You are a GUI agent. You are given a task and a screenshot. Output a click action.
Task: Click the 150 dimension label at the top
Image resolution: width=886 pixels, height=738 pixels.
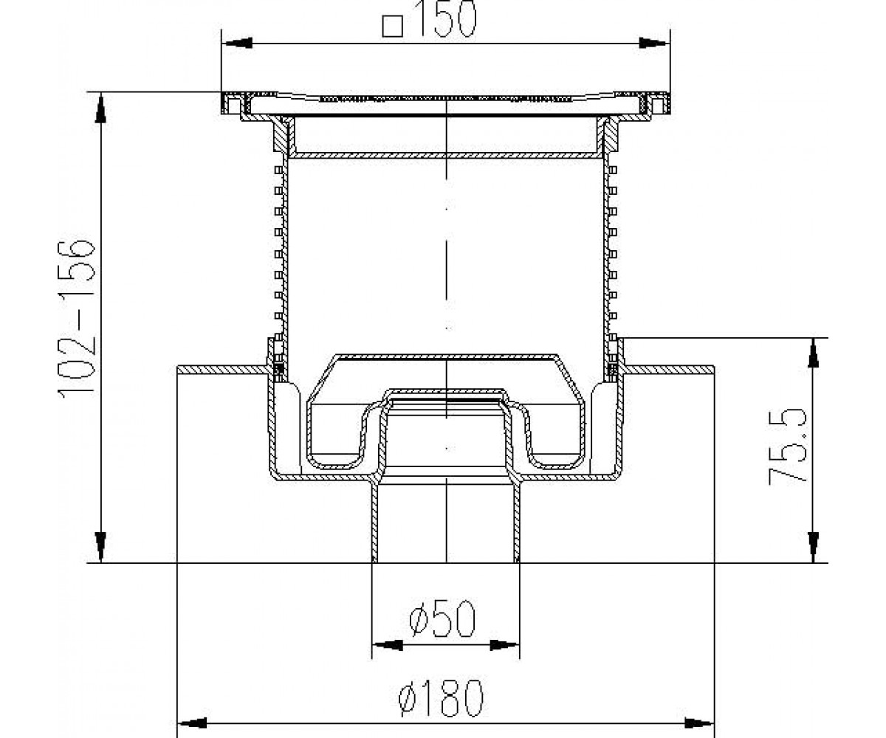[x=446, y=18]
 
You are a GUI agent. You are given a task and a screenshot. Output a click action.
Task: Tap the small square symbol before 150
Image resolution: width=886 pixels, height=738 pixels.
[x=393, y=27]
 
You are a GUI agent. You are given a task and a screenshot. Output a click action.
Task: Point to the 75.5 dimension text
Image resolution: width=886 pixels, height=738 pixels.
[x=787, y=446]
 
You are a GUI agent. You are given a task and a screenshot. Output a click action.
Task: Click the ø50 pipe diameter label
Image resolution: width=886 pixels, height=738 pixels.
[x=442, y=619]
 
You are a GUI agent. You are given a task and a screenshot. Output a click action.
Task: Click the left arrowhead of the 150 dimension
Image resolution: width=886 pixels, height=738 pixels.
[x=237, y=44]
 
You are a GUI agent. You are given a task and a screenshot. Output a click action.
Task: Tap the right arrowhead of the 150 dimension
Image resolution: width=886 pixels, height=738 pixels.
[x=655, y=44]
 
